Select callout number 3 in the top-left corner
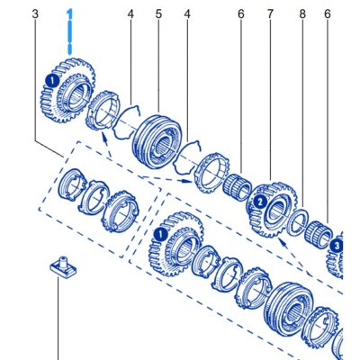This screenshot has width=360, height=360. pos(35,14)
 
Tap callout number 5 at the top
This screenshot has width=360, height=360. pos(158,14)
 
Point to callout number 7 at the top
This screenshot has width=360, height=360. pos(270,14)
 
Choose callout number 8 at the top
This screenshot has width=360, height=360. pos(302,14)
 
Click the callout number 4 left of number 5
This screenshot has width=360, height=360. pos(130,14)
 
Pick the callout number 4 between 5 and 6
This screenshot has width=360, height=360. pos(187,14)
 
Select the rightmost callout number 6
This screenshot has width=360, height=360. pos(327,14)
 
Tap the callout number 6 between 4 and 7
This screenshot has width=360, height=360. pos(241,14)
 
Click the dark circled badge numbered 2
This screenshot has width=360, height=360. pos(259,202)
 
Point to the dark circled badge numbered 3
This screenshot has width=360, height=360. pos(337,246)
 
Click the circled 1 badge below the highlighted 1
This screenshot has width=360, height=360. pos(53,80)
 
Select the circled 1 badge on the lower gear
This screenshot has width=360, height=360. pos(160,234)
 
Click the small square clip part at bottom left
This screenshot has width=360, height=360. pos(62,267)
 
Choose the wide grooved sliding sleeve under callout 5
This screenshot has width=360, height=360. pos(157,141)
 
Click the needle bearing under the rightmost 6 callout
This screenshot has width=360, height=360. pos(319,235)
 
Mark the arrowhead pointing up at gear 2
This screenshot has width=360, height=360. pos(281,242)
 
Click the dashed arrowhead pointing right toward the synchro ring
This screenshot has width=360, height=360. pos(188,181)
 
